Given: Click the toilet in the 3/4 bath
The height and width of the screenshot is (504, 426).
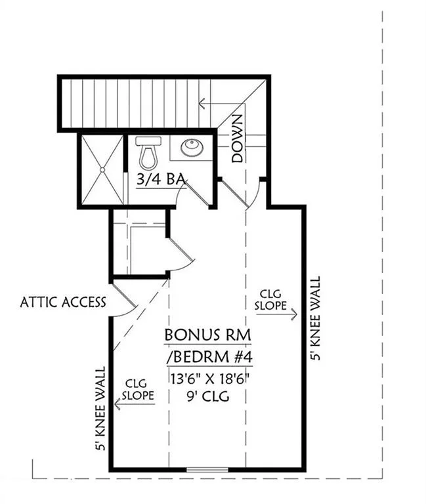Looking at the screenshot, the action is tap(148, 153).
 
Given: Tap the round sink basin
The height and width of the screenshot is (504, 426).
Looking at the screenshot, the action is tap(192, 148).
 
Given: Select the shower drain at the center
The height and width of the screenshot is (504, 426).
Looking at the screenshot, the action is tap(102, 170).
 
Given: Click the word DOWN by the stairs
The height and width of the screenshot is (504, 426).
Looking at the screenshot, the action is tap(237, 138).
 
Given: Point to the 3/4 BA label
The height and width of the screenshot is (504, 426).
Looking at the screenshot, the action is tap(161, 179).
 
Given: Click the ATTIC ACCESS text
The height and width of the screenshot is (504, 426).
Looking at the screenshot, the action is tap(63, 302).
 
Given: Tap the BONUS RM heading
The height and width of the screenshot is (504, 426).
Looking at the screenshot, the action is tap(207, 335).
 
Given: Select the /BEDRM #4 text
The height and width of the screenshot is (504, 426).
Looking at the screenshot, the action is tap(209, 357).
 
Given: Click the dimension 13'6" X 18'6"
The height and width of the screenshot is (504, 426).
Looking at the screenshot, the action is tap(210, 379).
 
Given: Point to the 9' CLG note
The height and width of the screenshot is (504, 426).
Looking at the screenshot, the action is tap(208, 396).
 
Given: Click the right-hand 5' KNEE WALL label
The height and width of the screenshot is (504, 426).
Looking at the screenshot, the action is tap(315, 318).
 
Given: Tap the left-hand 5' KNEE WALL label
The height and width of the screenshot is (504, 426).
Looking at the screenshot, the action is tap(100, 409).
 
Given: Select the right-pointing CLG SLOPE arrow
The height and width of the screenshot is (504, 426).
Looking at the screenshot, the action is tap(276, 314).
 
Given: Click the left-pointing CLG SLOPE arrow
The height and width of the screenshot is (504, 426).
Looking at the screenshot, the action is tap(135, 404).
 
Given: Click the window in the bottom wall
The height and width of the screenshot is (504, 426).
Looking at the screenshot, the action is tap(207, 470).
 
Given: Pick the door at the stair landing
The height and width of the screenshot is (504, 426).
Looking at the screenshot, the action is tap(234, 194).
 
